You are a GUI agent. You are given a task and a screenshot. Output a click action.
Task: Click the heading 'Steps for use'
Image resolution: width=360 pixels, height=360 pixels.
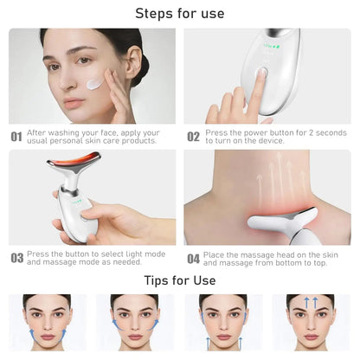point(180,13)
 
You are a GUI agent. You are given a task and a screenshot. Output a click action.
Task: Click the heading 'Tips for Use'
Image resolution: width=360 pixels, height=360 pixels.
point(180,280)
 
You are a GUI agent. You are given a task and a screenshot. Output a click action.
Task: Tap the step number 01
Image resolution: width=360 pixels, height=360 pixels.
point(16,137)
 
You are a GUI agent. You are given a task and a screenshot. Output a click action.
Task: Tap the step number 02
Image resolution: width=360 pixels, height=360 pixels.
point(194,137)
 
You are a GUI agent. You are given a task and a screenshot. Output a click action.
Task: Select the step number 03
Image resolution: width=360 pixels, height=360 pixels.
point(16,258)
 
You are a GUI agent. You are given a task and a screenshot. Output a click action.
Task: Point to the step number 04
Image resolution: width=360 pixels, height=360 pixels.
point(194,258)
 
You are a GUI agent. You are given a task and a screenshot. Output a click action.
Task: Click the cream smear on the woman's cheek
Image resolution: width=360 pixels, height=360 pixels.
point(94,84)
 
